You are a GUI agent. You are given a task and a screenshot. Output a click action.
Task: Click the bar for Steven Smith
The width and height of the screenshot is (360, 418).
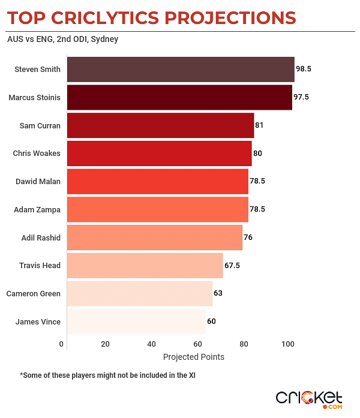[x=180, y=69]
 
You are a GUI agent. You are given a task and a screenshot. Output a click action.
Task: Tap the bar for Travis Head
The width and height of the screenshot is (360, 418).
[x=145, y=266]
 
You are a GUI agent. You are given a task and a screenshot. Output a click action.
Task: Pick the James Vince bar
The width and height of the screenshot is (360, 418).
[x=136, y=321]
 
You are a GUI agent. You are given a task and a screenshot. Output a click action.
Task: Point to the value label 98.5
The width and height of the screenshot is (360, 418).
[x=304, y=69]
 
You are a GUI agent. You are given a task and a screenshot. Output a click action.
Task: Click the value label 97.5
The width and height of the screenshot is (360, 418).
[x=302, y=97]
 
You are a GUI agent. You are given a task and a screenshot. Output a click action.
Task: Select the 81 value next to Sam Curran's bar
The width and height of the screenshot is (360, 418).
[x=260, y=125]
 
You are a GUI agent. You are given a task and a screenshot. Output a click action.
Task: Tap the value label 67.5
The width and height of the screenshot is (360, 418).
[x=232, y=266]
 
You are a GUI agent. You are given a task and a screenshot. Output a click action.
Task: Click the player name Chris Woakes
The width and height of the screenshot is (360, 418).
[x=37, y=154]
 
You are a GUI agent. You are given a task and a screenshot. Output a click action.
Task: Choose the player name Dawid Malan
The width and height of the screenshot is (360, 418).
[x=37, y=182]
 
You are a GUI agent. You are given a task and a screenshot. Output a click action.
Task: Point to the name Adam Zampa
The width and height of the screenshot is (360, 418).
[x=37, y=210]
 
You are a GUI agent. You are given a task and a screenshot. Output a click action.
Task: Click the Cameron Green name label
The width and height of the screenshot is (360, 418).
[x=33, y=294]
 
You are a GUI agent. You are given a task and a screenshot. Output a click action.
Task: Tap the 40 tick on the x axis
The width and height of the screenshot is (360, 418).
[x=151, y=344]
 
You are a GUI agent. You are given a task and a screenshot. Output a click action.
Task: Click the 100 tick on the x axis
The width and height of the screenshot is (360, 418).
[x=289, y=344]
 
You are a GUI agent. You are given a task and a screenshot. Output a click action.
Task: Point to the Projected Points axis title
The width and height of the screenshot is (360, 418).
[x=194, y=357]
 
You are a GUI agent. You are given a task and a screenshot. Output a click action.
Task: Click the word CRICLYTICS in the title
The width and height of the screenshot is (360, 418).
[x=115, y=17]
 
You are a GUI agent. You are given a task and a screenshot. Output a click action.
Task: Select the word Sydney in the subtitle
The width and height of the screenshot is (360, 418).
[x=104, y=40]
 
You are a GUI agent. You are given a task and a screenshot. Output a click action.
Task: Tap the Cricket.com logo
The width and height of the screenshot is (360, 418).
[x=309, y=398]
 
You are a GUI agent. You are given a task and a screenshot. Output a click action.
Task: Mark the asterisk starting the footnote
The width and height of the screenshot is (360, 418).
[x=22, y=375]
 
